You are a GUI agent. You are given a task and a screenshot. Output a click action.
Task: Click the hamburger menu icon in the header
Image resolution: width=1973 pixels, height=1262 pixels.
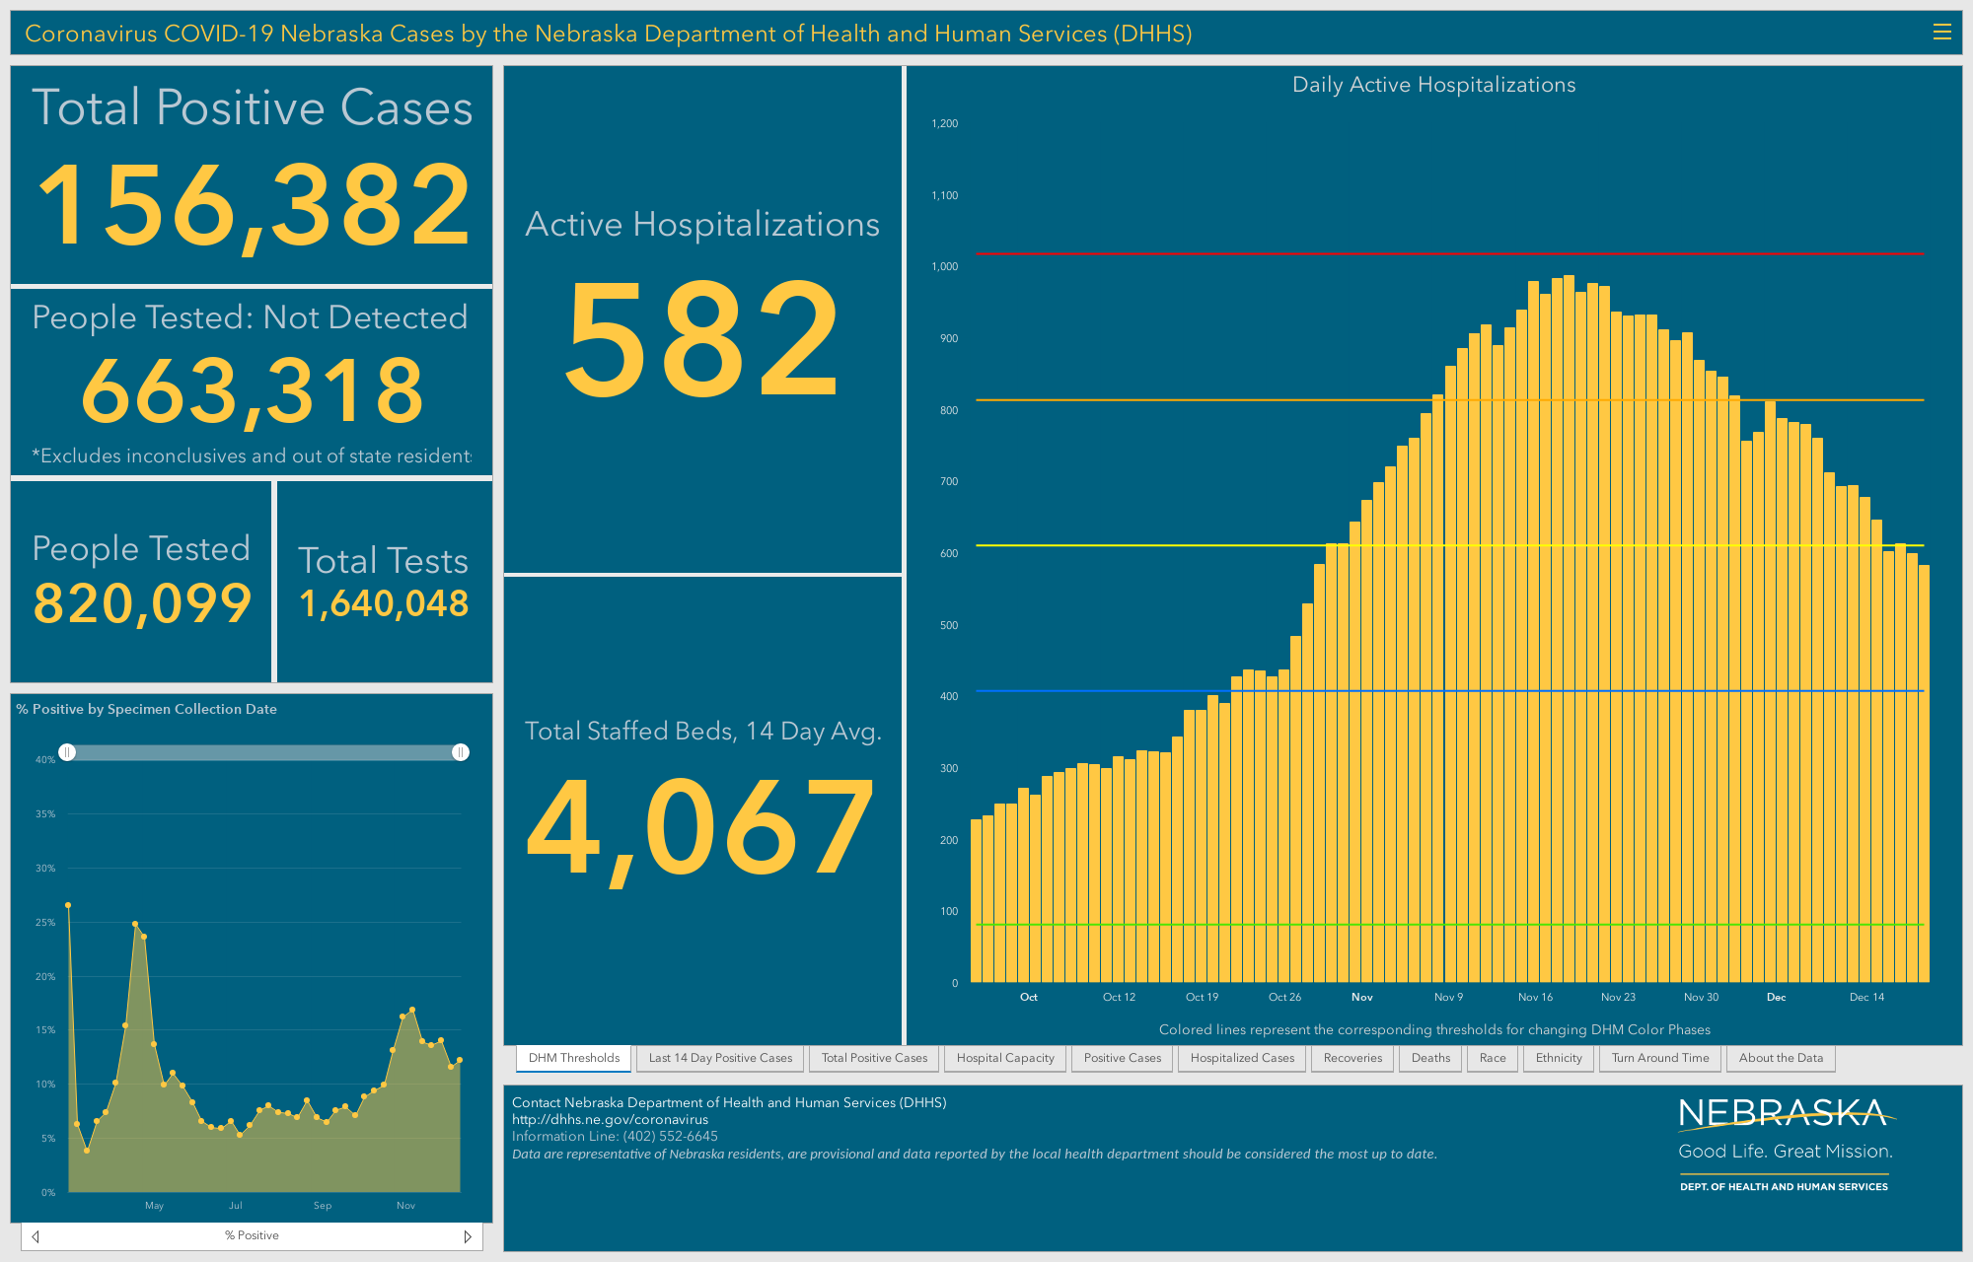point(1941,33)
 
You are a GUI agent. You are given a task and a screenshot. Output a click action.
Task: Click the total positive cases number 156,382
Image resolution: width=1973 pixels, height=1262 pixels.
point(254,206)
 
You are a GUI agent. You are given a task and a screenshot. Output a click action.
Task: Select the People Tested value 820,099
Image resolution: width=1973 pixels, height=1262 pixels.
point(142,603)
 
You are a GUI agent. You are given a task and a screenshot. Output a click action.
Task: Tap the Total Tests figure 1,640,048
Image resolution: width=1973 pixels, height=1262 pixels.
point(384,603)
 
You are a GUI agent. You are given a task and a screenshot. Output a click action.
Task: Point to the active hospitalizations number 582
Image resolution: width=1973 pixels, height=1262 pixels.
point(702,338)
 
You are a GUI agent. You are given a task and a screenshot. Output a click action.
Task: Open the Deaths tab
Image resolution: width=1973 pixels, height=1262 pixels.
point(1430,1058)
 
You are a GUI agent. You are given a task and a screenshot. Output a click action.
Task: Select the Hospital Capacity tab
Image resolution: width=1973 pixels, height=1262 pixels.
point(1005,1058)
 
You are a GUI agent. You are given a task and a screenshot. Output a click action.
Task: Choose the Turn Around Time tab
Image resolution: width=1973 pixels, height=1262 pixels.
point(1660,1058)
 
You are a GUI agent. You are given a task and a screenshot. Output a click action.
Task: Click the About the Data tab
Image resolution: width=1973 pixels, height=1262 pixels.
point(1781,1058)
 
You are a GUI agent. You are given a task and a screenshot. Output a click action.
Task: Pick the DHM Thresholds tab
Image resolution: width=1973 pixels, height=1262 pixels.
point(574,1058)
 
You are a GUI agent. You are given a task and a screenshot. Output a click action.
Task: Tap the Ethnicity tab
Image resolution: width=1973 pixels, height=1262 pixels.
point(1559,1058)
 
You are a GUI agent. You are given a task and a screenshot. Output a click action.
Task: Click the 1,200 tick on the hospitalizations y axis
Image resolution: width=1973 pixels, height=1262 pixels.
point(944,123)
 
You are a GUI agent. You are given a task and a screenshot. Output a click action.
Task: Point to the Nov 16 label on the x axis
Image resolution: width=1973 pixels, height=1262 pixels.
point(1535,997)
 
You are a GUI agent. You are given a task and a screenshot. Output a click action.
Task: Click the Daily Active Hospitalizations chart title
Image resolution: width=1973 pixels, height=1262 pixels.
point(1433,85)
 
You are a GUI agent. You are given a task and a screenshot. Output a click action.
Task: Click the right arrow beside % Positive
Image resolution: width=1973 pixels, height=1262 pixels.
point(468,1236)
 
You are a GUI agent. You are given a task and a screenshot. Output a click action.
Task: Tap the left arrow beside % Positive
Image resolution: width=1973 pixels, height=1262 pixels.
point(36,1236)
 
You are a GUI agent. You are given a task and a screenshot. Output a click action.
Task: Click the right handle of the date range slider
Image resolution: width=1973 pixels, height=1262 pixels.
point(460,752)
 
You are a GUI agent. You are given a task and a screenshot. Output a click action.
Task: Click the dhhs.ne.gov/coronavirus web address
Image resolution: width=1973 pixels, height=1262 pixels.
point(610,1119)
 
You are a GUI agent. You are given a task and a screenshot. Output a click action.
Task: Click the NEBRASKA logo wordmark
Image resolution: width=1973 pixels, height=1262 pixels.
point(1785,1114)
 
